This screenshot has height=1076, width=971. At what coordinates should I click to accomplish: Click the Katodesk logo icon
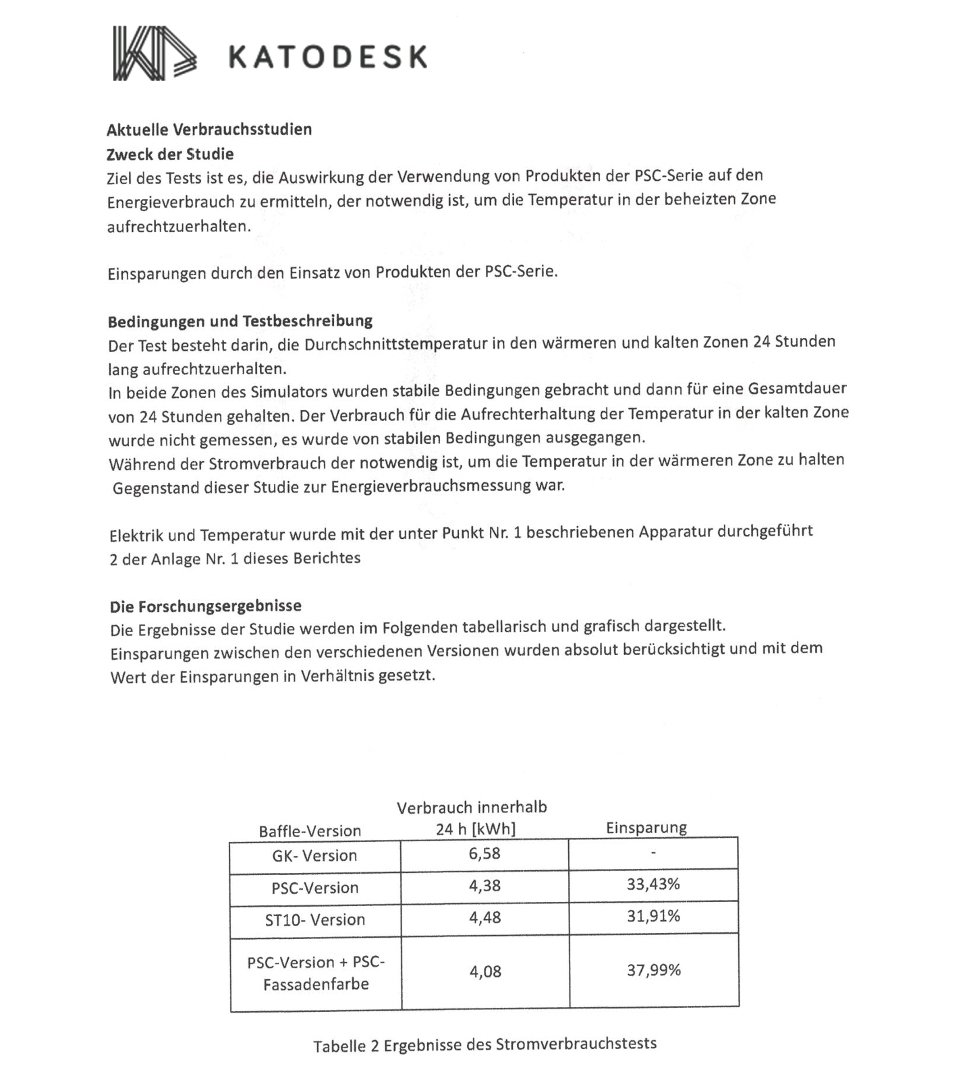[155, 53]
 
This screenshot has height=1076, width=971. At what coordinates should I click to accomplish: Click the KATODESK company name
[328, 57]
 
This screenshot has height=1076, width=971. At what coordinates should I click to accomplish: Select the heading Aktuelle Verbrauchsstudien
[209, 129]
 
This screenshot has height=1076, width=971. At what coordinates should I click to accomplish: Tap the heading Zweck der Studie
[170, 154]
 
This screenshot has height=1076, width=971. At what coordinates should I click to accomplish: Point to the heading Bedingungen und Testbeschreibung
[240, 320]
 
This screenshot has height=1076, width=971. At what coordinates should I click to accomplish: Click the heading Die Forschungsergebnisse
[206, 606]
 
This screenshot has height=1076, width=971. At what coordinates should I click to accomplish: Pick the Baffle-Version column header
[310, 830]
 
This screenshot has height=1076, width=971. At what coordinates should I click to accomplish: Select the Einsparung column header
[646, 828]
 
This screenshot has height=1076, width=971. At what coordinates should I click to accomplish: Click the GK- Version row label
[314, 855]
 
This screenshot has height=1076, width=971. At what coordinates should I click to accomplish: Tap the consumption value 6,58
[484, 853]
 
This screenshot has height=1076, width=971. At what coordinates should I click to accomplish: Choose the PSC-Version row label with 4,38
[314, 888]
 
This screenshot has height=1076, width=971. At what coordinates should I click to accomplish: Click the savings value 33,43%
[653, 884]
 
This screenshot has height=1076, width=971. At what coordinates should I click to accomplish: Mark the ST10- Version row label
[314, 919]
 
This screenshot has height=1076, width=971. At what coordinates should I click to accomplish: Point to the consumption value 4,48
[484, 917]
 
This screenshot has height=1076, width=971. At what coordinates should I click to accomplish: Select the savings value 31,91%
[653, 915]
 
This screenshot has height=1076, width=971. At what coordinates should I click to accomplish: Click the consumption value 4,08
[485, 971]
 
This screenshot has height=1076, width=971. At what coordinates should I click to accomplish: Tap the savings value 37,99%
[653, 970]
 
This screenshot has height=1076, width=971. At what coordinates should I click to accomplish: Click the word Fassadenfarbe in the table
[316, 984]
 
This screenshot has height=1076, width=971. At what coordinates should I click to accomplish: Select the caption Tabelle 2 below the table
[484, 1045]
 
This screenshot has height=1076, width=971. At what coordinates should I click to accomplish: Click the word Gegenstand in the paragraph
[156, 488]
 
